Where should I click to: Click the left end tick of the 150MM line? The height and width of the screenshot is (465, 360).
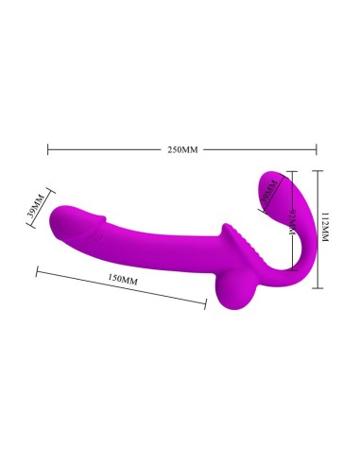[x=37, y=272]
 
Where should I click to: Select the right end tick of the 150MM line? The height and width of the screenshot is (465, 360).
[x=206, y=302]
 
